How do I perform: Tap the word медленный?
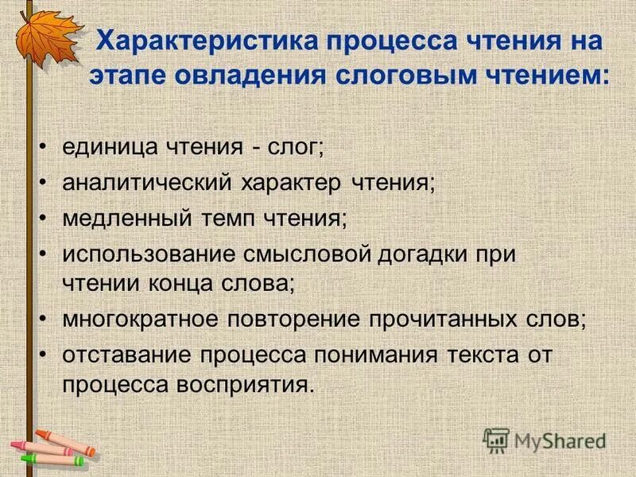124,219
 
